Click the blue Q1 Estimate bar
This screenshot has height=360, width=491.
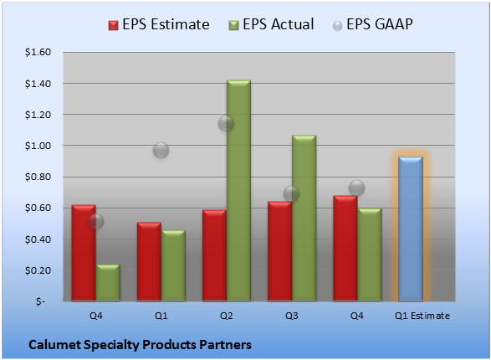click(x=411, y=229)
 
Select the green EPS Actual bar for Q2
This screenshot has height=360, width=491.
click(x=238, y=191)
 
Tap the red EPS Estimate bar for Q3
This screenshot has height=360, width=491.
click(x=279, y=251)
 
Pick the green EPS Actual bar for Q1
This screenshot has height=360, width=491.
click(x=173, y=265)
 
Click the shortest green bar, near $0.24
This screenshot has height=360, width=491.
click(x=108, y=283)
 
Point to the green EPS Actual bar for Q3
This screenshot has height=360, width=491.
click(x=304, y=218)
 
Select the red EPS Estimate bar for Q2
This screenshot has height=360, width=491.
click(x=214, y=255)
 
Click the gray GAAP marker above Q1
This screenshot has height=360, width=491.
click(x=161, y=150)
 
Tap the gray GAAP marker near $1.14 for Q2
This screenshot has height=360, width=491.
click(x=226, y=123)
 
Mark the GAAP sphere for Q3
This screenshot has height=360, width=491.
click(x=291, y=193)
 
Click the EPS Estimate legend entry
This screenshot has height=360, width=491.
click(x=159, y=24)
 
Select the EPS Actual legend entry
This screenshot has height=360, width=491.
click(x=271, y=24)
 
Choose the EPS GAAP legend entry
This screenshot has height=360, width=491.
click(x=372, y=24)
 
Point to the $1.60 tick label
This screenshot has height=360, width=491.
click(x=38, y=52)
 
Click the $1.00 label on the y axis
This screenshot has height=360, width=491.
click(x=38, y=146)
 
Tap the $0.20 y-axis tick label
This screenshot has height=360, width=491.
click(x=38, y=270)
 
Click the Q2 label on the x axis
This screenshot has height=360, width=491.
click(x=227, y=316)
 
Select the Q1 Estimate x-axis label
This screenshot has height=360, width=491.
click(x=422, y=316)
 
